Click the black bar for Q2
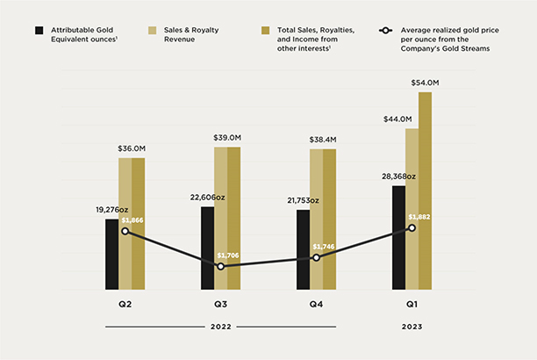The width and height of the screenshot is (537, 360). pyautogui.click(x=111, y=254)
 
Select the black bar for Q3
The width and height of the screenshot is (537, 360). pyautogui.click(x=207, y=248)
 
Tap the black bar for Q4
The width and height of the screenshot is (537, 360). pyautogui.click(x=303, y=249)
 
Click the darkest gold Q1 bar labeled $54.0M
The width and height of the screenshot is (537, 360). pyautogui.click(x=426, y=191)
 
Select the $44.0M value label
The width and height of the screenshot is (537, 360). pyautogui.click(x=398, y=119)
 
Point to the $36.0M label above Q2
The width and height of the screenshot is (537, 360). pyautogui.click(x=132, y=148)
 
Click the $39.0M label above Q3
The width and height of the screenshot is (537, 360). pyautogui.click(x=227, y=138)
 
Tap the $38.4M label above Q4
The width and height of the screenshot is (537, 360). pyautogui.click(x=323, y=140)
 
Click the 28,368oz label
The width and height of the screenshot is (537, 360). pyautogui.click(x=397, y=176)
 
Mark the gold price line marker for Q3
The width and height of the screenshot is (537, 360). pyautogui.click(x=220, y=266)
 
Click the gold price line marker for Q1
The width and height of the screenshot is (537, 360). pyautogui.click(x=412, y=227)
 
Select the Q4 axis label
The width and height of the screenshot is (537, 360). pyautogui.click(x=316, y=305)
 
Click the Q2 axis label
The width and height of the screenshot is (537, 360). pyautogui.click(x=125, y=305)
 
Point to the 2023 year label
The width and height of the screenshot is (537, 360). pyautogui.click(x=412, y=327)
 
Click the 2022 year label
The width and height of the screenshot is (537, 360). pyautogui.click(x=220, y=327)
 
